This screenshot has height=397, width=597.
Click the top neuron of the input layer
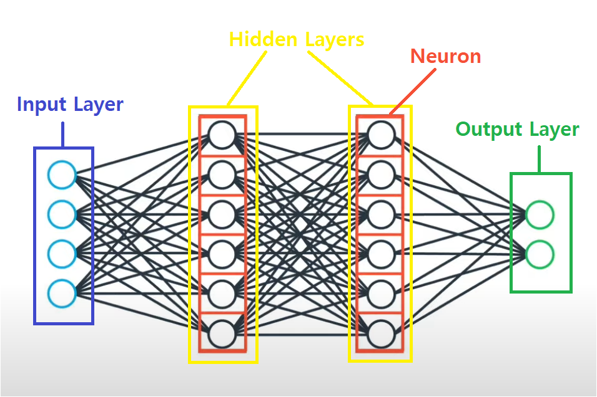pyautogui.click(x=62, y=175)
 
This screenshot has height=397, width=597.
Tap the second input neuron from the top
pyautogui.click(x=62, y=214)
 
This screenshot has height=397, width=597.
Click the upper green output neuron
pyautogui.click(x=540, y=215)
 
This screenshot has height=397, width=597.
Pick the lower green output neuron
pyautogui.click(x=540, y=254)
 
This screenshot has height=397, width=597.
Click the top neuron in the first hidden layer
pyautogui.click(x=222, y=135)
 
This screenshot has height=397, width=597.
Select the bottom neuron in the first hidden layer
pyautogui.click(x=222, y=333)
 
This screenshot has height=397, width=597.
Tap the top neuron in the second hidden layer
pyautogui.click(x=381, y=135)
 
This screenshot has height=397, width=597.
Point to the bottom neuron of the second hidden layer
pyautogui.click(x=381, y=333)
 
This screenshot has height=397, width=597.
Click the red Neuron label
pyautogui.click(x=445, y=57)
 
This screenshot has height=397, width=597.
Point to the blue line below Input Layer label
pyautogui.click(x=62, y=134)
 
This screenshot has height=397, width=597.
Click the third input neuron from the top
pyautogui.click(x=62, y=254)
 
